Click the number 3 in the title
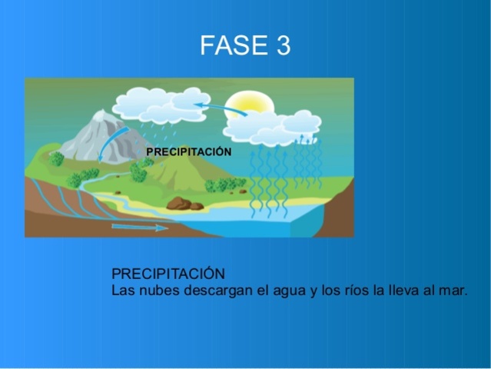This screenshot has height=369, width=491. click(x=283, y=45)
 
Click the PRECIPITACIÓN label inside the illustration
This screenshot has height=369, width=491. click(x=188, y=152)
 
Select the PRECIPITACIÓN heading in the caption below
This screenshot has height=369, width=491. click(x=168, y=274)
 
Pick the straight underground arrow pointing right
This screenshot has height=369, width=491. click(x=139, y=228)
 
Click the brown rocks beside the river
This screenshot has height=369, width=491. click(x=184, y=204)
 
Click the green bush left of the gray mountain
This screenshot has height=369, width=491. click(x=56, y=159)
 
